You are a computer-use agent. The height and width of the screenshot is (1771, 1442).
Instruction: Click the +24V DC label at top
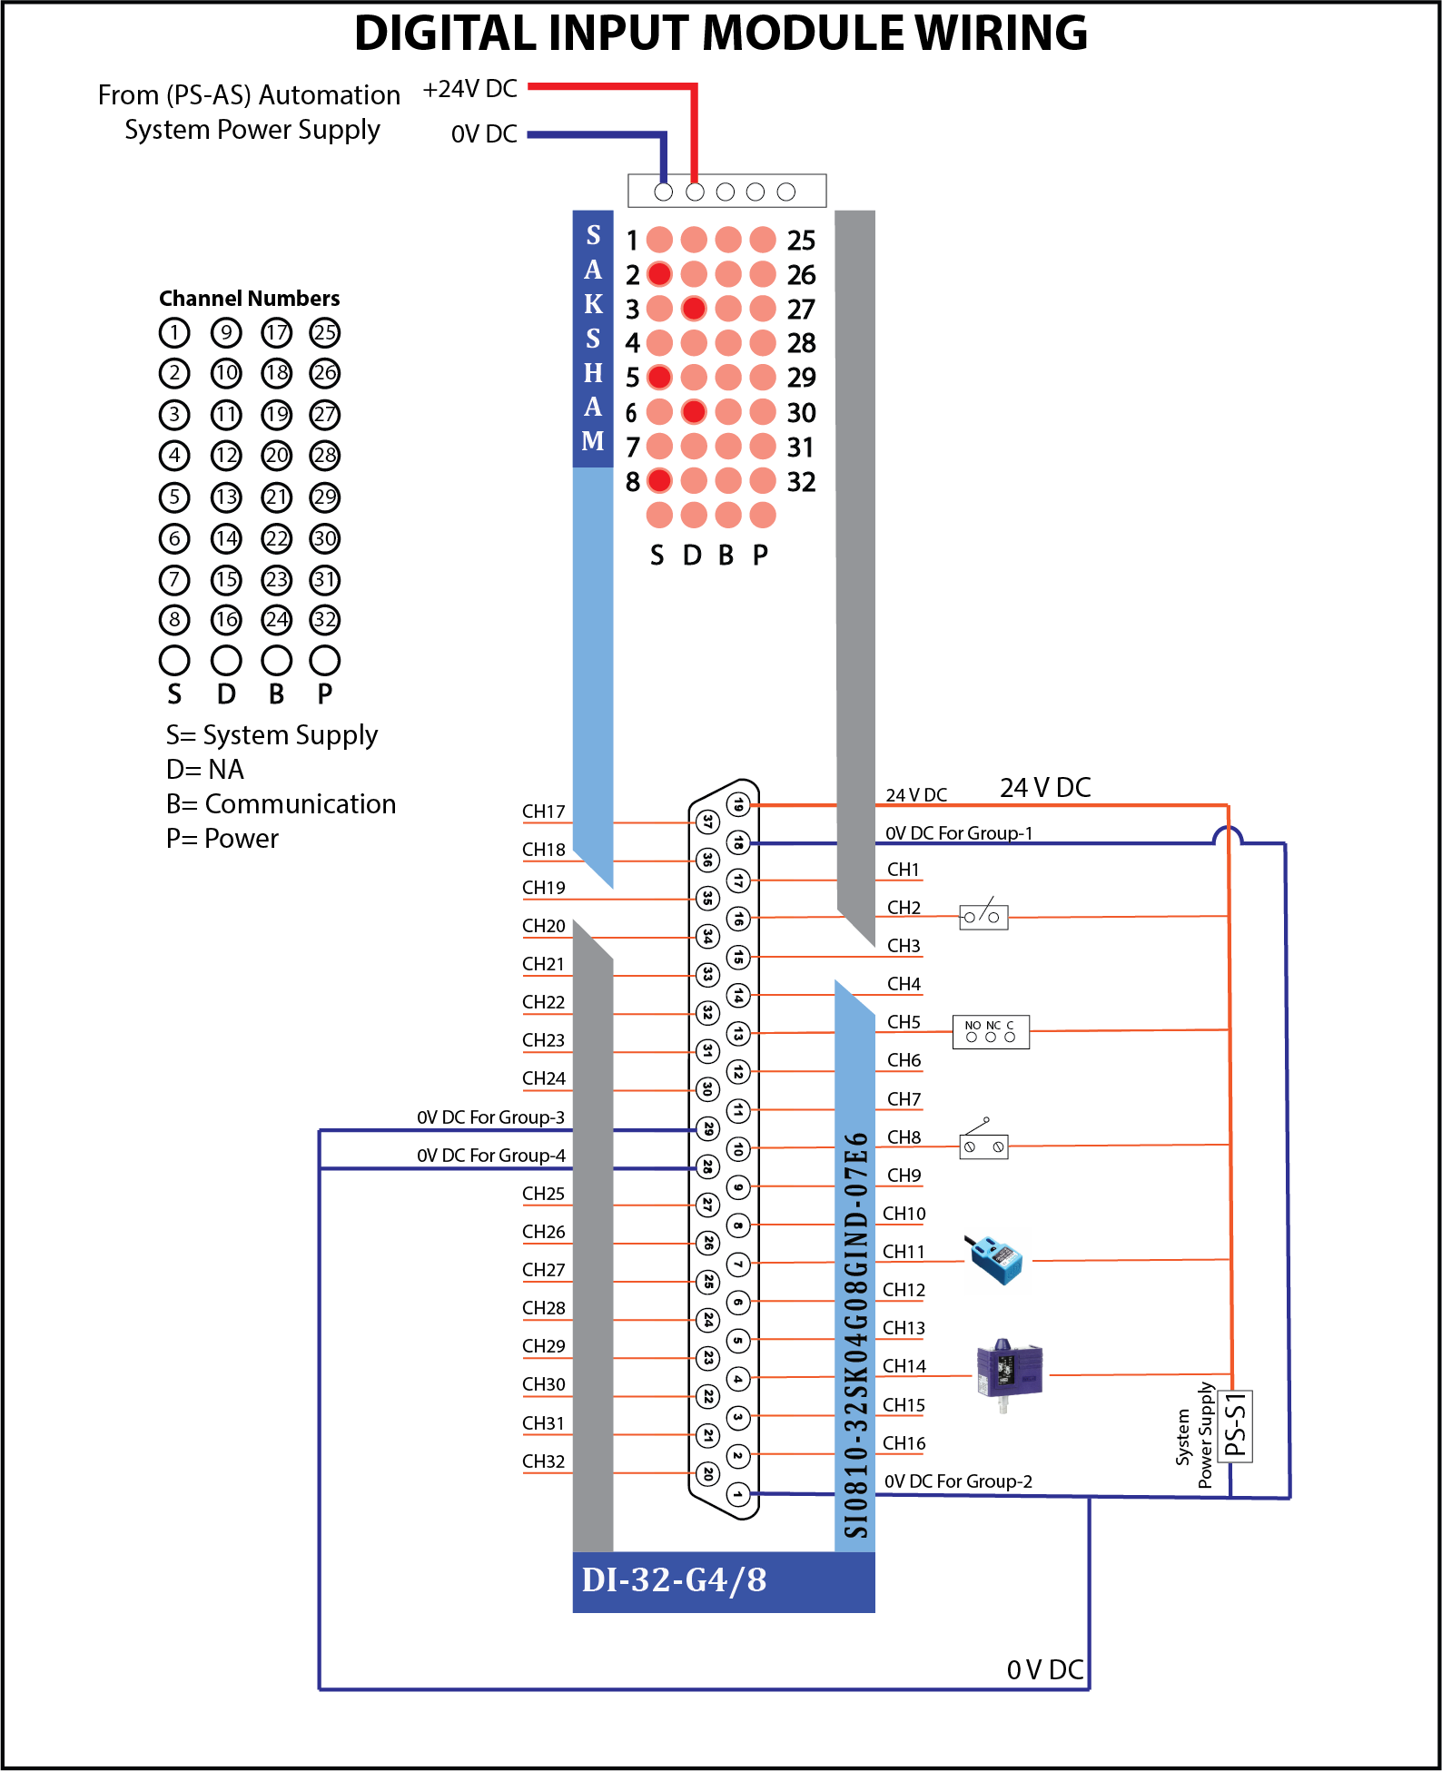pos(469,89)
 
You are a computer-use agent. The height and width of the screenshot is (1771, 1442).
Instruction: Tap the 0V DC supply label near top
pos(484,134)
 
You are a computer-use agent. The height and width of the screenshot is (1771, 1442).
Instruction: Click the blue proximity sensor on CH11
pos(996,1259)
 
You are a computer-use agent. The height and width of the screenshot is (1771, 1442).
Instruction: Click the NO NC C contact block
pos(991,1032)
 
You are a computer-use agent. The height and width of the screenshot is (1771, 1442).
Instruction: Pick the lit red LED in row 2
pos(660,274)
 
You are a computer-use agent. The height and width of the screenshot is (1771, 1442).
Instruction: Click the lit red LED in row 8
pos(660,480)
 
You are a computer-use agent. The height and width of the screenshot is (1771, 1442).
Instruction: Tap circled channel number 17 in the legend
pos(277,333)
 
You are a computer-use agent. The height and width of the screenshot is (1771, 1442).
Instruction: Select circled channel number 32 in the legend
pos(325,620)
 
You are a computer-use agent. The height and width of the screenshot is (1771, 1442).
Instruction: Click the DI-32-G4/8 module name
pos(674,1580)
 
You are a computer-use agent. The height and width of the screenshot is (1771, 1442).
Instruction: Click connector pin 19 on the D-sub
pos(738,804)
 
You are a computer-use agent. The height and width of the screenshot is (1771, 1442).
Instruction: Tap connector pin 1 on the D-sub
pos(738,1493)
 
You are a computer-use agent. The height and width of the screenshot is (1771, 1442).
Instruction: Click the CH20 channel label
pos(543,926)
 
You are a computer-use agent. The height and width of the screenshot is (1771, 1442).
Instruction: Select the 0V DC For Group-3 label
pos(490,1117)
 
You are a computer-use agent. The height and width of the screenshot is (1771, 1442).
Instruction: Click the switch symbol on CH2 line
pos(983,915)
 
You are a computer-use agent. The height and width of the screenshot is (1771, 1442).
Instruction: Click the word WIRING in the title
pos(1001,34)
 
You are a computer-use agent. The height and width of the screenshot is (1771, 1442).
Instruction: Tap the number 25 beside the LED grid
pos(801,241)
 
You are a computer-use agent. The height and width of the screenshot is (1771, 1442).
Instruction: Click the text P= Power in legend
pos(222,839)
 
